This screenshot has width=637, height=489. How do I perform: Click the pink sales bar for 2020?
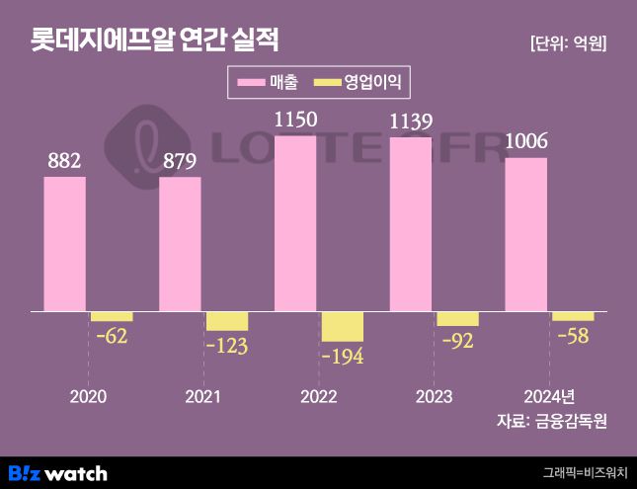(65, 244)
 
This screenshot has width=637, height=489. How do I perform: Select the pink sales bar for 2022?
(295, 223)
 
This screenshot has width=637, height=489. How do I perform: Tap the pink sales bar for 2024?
(525, 234)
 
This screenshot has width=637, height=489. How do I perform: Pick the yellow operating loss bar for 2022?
(343, 326)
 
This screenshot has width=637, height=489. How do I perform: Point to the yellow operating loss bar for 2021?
(227, 321)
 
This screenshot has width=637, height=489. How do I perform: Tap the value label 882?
(64, 161)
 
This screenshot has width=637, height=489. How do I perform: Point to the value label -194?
(342, 357)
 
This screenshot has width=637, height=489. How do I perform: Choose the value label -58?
(573, 336)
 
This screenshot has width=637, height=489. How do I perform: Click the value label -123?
(226, 346)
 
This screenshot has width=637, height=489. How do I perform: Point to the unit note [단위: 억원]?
(568, 43)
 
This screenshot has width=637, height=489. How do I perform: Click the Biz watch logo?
(57, 472)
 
